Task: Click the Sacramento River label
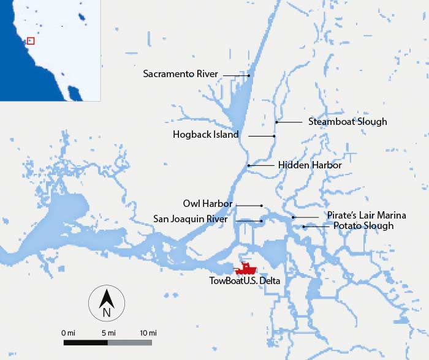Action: click(180, 74)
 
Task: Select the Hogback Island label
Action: click(206, 135)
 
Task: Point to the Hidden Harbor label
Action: click(309, 165)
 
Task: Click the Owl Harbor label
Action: click(209, 204)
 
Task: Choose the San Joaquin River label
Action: click(191, 219)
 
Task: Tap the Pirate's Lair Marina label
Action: click(365, 216)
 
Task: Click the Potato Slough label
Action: click(363, 227)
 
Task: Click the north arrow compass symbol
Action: click(105, 302)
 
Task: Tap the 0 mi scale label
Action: click(68, 332)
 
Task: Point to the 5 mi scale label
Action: click(108, 332)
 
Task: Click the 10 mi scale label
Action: click(148, 332)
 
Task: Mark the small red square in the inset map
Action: click(31, 41)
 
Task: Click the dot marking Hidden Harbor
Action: click(249, 165)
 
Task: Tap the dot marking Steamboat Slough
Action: click(276, 122)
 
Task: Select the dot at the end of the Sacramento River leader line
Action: click(249, 75)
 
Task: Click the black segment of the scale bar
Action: click(86, 342)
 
